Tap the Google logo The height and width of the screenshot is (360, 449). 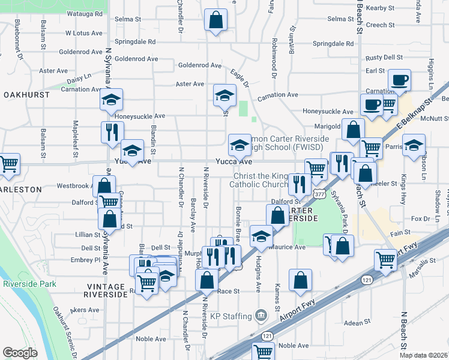click(20, 353)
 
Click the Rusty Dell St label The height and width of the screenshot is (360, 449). click(384, 58)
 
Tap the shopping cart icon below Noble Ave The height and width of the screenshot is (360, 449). click(263, 352)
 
